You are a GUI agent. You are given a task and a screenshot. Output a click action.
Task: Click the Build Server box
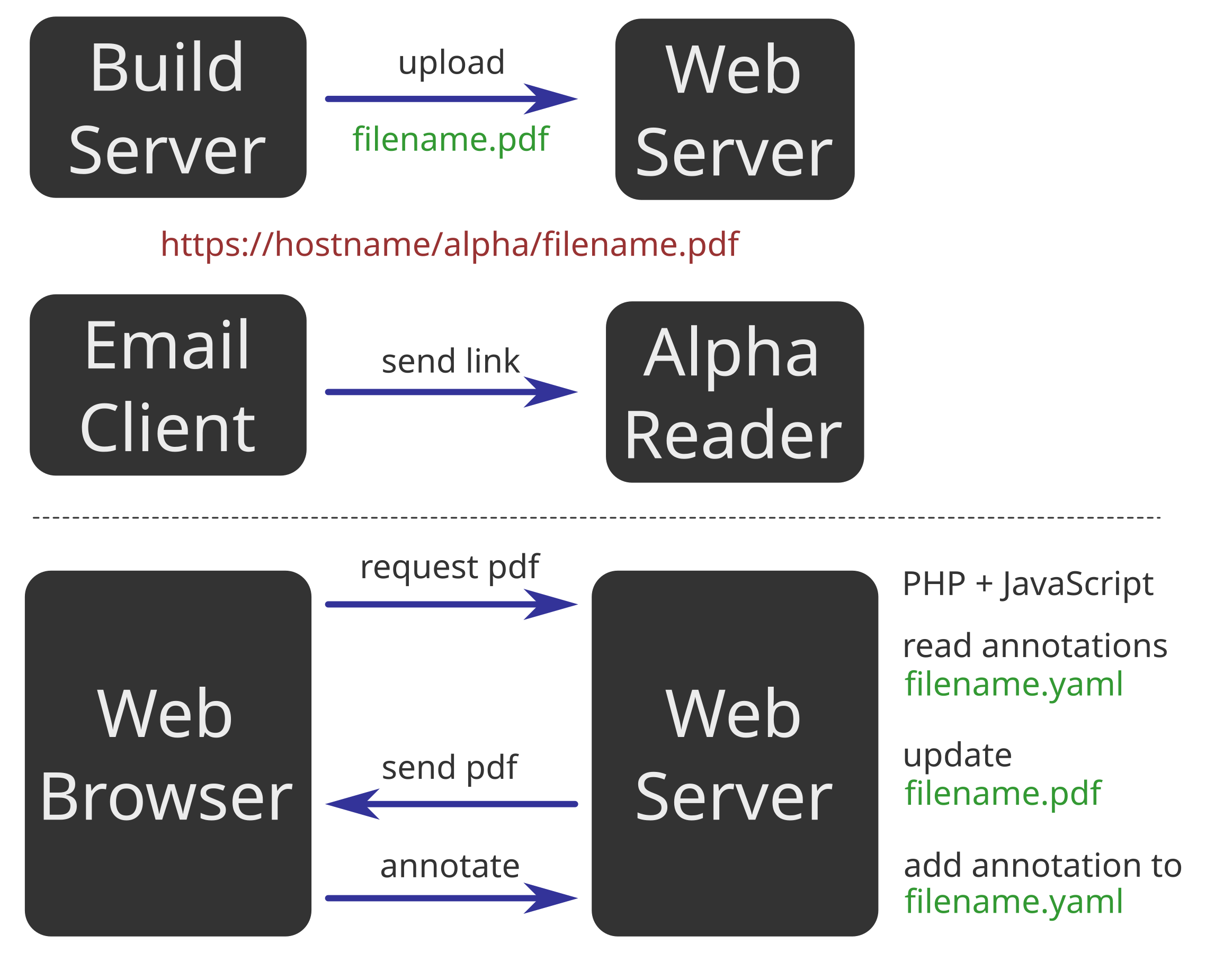(x=167, y=107)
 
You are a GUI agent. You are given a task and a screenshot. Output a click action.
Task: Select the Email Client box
(x=167, y=385)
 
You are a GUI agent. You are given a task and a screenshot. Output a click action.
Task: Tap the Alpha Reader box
(x=735, y=392)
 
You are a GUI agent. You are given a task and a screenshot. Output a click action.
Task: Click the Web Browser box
(x=167, y=753)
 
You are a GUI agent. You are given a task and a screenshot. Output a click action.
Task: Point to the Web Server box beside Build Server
(x=735, y=110)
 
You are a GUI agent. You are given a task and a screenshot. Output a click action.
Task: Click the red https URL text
(x=450, y=244)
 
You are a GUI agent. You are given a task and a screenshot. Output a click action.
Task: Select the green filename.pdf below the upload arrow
(x=450, y=139)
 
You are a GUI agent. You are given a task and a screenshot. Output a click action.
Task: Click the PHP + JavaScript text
(x=1028, y=584)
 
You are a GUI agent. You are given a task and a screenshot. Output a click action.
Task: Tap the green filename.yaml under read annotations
(x=1013, y=684)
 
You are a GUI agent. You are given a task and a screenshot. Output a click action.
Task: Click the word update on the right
(x=957, y=755)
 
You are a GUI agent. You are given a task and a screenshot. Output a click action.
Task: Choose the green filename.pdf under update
(x=1003, y=793)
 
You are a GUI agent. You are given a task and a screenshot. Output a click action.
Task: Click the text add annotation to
(x=1042, y=866)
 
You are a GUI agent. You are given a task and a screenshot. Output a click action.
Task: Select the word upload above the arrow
(x=451, y=62)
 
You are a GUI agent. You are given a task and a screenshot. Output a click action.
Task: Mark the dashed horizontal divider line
(x=596, y=518)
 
